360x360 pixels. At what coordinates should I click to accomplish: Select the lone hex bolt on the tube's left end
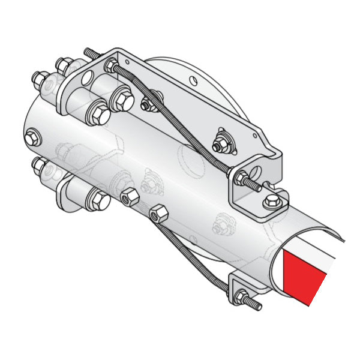click(33, 136)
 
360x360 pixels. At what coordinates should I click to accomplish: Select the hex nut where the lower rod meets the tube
click(158, 214)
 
